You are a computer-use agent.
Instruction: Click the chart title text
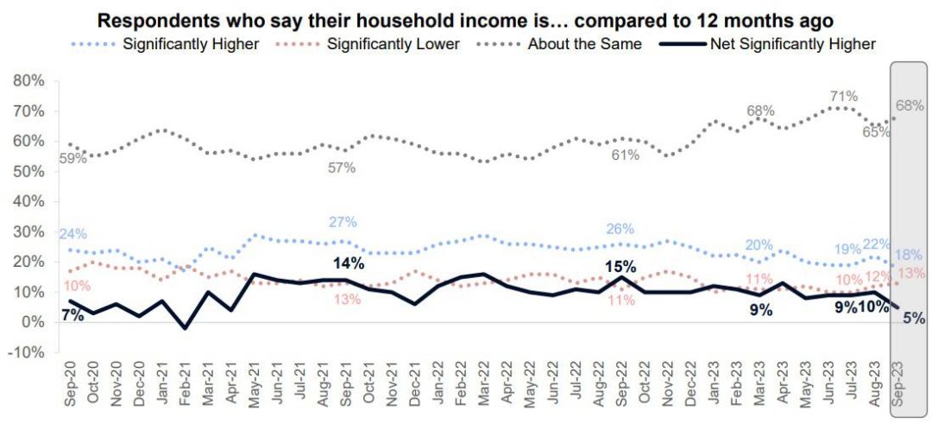point(466,20)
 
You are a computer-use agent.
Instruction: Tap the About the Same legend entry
point(585,44)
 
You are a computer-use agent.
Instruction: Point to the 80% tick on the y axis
point(28,81)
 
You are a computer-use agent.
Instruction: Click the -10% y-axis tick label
point(27,353)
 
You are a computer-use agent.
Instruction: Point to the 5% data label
point(913,318)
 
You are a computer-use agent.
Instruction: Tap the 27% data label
point(343,222)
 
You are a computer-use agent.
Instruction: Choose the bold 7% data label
point(72,315)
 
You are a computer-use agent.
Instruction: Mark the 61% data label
point(626,155)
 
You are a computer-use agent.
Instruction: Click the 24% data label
point(72,234)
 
